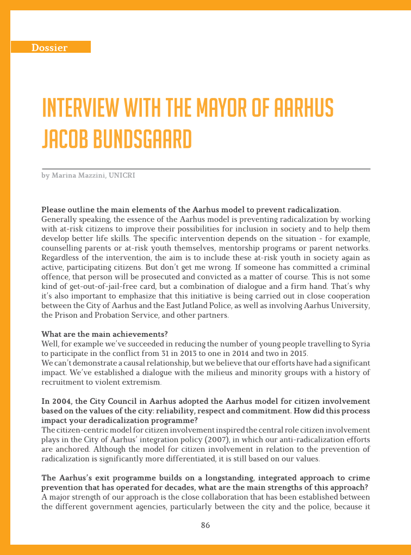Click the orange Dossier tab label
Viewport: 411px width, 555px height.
point(49,47)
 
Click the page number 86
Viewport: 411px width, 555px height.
point(205,525)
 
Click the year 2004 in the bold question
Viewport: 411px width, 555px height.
point(60,402)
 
